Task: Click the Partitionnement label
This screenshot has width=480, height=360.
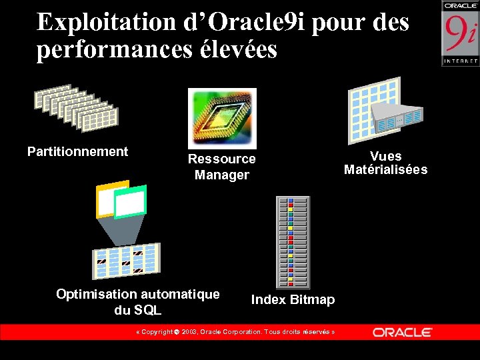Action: pos(77,151)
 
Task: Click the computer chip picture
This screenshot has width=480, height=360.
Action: pos(222,118)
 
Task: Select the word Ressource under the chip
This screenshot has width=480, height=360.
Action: pos(222,159)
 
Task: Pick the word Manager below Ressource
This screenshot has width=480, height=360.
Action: pos(222,175)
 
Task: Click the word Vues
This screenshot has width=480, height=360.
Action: pos(385,156)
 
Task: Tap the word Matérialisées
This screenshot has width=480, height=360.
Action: pos(385,169)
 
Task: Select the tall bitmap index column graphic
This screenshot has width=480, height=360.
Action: pos(293,242)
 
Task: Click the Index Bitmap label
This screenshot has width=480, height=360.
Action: pos(293,300)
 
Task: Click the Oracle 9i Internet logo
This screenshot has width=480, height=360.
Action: pos(460,33)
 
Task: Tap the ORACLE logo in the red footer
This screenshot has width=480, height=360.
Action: pos(402,332)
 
